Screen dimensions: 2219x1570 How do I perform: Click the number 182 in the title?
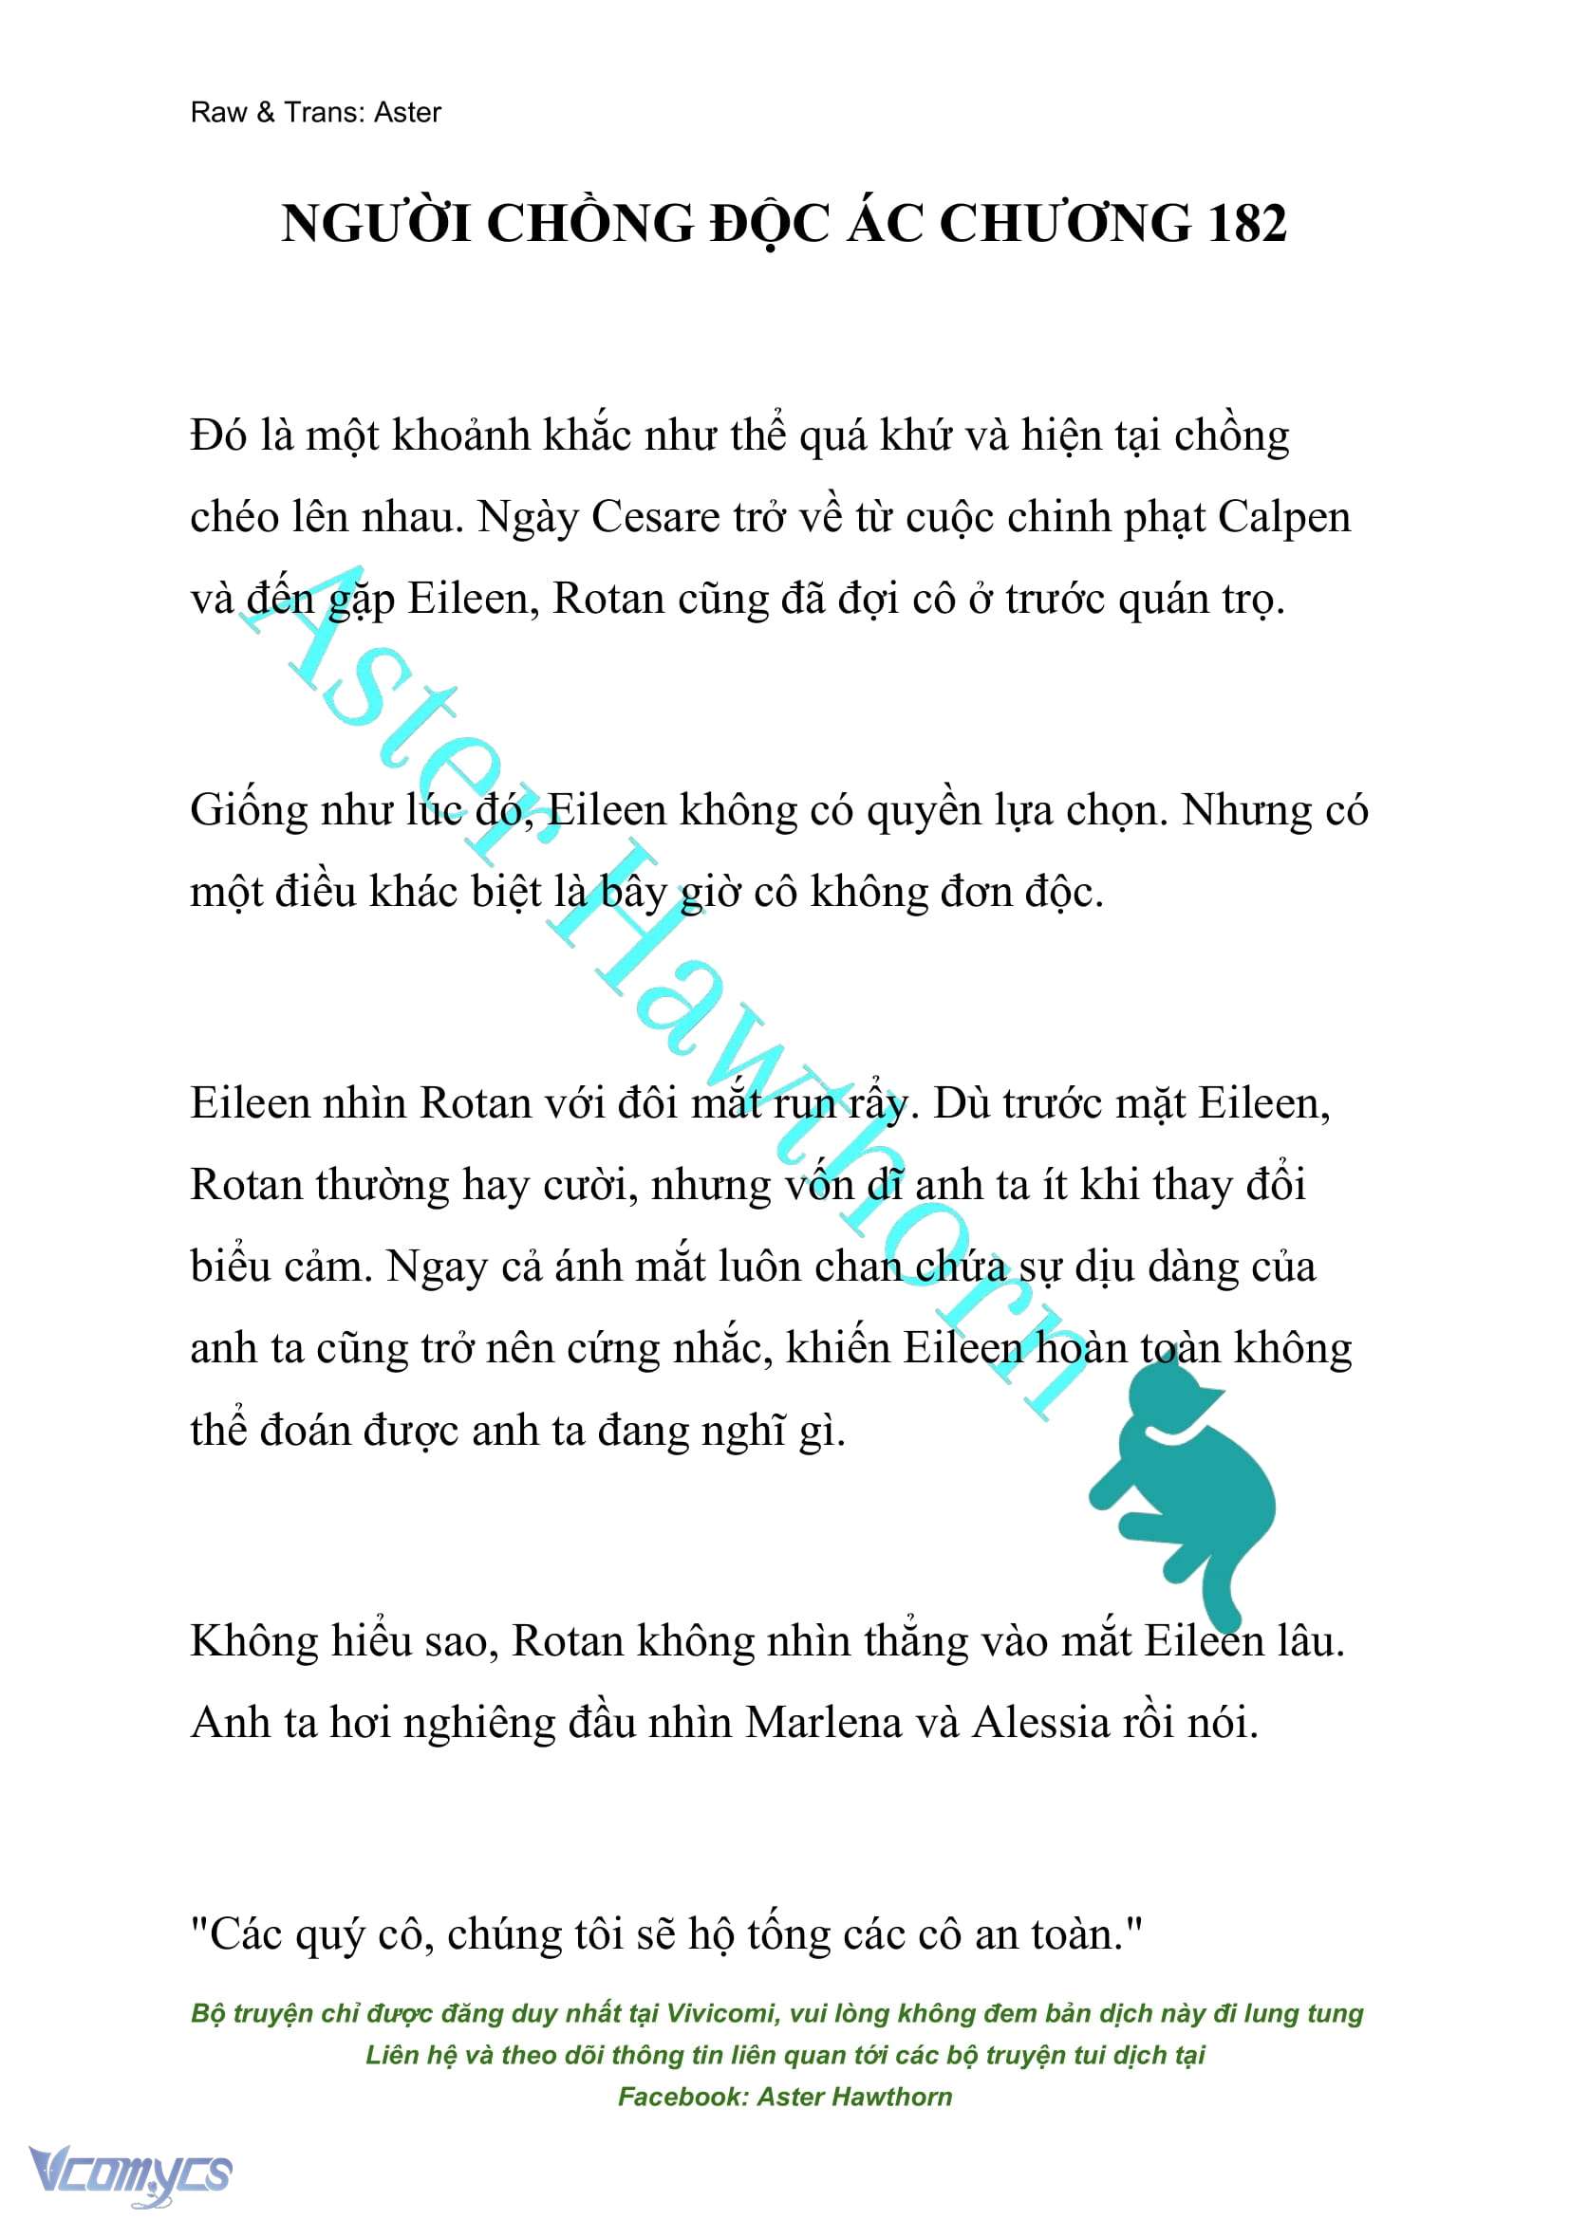click(x=1246, y=224)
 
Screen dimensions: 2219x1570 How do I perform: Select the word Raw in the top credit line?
click(x=218, y=113)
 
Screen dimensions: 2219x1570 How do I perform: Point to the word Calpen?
click(x=1284, y=519)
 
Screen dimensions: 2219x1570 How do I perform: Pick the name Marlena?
click(x=823, y=1722)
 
